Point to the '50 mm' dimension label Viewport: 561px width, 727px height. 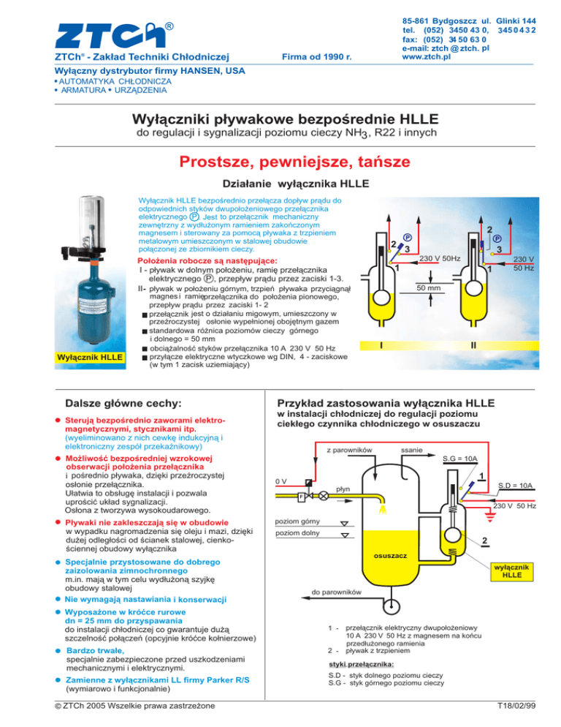point(428,290)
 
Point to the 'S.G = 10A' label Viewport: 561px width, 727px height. point(459,459)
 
